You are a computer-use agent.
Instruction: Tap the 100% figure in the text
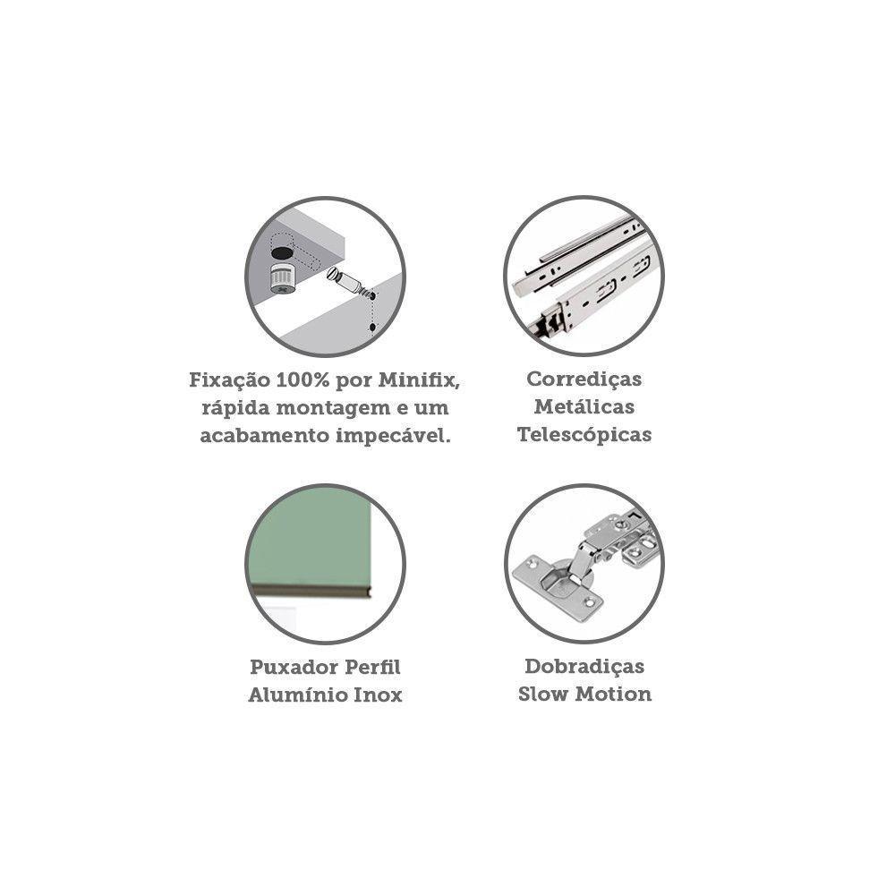click(303, 380)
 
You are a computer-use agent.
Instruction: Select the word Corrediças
click(584, 379)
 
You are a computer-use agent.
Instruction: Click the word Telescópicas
click(584, 435)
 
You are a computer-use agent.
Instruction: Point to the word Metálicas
click(584, 407)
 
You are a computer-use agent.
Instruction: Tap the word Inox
click(379, 695)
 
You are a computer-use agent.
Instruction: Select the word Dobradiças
click(584, 667)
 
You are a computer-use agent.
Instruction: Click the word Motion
click(614, 695)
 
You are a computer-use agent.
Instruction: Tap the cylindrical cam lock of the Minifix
click(283, 278)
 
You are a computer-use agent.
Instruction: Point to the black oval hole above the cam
click(282, 251)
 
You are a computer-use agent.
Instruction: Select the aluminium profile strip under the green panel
click(311, 592)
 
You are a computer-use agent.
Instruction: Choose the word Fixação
click(229, 380)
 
